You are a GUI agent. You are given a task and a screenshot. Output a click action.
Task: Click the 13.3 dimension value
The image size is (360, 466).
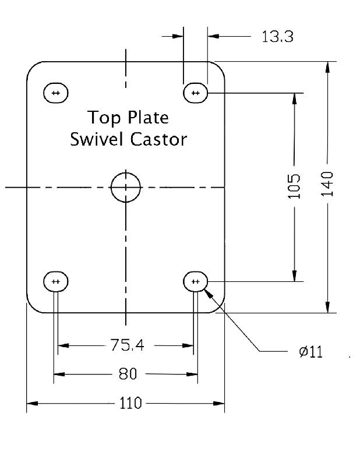click(x=277, y=37)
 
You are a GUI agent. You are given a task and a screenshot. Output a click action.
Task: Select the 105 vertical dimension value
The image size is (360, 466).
click(x=295, y=186)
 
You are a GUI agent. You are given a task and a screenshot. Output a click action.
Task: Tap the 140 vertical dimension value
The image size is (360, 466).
click(x=327, y=183)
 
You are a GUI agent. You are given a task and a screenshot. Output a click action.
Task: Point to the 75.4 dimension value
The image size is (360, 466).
click(x=126, y=345)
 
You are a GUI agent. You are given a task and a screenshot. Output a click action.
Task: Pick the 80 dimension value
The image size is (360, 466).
click(x=128, y=374)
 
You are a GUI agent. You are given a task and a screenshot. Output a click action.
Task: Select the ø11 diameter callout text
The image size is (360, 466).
click(x=310, y=352)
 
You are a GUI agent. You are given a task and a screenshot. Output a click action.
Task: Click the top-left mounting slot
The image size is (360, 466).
click(x=56, y=93)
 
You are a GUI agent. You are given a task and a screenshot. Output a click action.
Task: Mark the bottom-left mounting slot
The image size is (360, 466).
click(x=56, y=282)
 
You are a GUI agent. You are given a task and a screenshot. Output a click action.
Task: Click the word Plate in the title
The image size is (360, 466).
click(x=147, y=118)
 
